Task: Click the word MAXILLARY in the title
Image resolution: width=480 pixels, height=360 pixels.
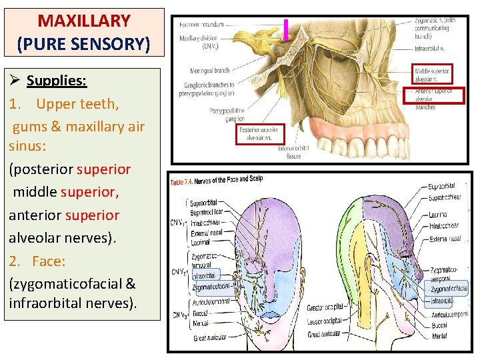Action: click(83, 21)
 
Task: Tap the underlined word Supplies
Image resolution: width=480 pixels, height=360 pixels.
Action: click(56, 81)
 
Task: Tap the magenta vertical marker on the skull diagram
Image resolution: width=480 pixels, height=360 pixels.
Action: click(285, 30)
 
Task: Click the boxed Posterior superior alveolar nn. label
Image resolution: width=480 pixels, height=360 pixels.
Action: click(261, 134)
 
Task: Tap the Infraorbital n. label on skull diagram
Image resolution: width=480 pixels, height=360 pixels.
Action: click(430, 49)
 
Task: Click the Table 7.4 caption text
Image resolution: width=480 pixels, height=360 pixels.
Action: click(218, 180)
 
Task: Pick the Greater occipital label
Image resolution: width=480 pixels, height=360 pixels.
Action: click(325, 307)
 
